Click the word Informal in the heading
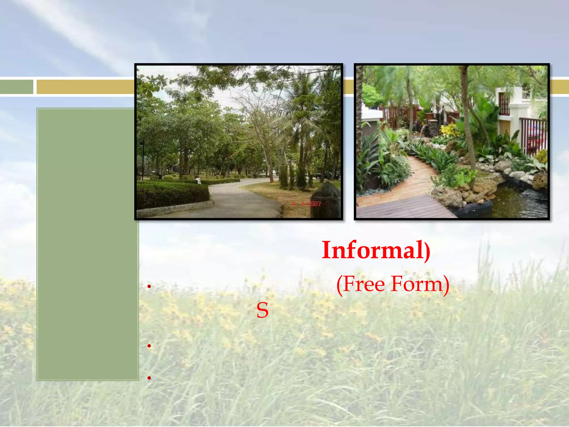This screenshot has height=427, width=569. point(372,250)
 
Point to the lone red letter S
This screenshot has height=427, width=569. point(262,311)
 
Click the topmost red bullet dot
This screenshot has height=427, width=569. point(149,286)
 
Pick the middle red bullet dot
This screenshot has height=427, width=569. point(149,346)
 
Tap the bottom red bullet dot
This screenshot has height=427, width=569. point(149,378)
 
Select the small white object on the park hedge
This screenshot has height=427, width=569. point(198,181)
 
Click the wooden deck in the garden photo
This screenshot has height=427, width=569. point(403,207)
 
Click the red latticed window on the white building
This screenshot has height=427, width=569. point(504,104)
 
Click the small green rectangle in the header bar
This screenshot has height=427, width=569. point(16,87)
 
